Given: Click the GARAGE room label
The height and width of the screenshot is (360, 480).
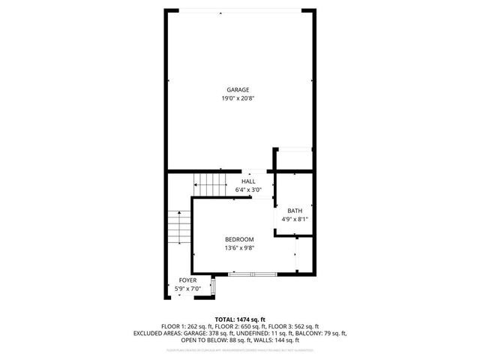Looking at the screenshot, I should point(238,90).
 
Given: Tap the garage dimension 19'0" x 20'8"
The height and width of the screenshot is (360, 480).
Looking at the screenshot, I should point(238,98).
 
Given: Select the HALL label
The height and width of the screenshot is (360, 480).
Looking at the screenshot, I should point(248,181).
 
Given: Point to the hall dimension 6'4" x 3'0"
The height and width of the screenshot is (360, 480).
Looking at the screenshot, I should point(248,190).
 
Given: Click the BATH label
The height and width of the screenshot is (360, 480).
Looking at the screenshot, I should point(295,210).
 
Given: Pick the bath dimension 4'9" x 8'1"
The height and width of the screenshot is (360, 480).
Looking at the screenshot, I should point(295,219).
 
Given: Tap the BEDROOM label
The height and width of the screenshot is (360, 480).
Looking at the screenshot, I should point(239,239).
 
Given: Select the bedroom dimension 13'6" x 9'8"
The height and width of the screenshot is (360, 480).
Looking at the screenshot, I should point(239,248).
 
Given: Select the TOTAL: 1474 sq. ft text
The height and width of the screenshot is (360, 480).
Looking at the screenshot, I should point(240,319).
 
